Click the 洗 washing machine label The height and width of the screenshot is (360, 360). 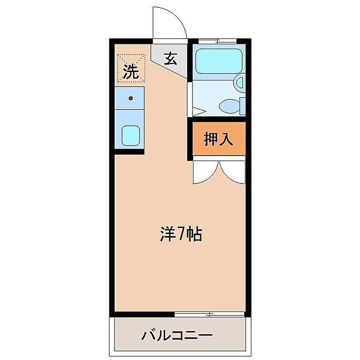[x=131, y=72]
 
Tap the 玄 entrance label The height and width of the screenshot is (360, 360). [x=170, y=59]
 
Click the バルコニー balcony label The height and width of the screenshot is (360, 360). [x=177, y=334]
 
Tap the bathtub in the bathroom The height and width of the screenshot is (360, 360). [x=218, y=60]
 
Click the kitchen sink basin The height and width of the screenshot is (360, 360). [x=131, y=136]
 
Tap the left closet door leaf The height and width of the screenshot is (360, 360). [x=204, y=172]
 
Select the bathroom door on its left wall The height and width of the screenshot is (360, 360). [x=191, y=99]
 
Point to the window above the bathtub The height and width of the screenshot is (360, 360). [x=218, y=41]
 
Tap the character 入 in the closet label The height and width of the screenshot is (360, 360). [x=226, y=140]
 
